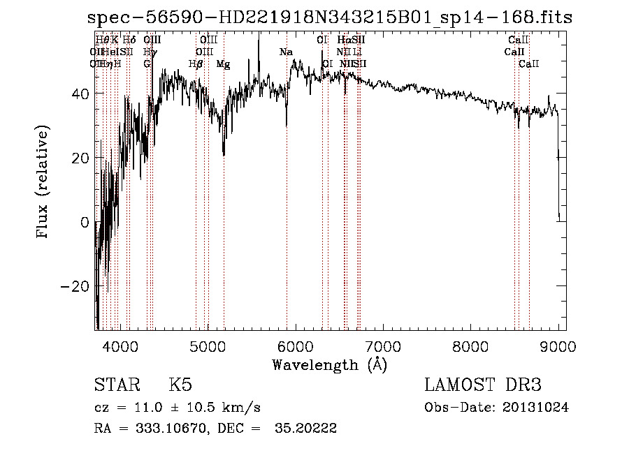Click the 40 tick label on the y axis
(x=80, y=94)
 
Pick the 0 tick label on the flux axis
(x=85, y=223)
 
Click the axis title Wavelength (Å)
(x=330, y=364)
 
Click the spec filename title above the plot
(x=332, y=17)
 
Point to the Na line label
(x=286, y=52)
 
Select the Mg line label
(x=223, y=64)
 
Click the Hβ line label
(x=196, y=64)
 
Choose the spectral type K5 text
(x=180, y=385)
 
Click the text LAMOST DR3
(x=482, y=385)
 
